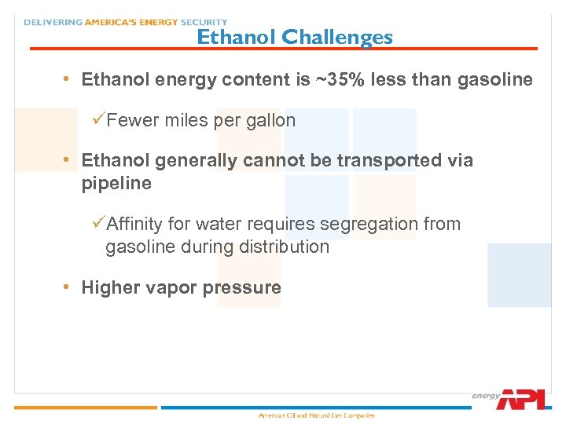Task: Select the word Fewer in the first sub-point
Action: click(x=133, y=120)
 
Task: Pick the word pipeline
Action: click(x=116, y=183)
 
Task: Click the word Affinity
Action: click(x=134, y=224)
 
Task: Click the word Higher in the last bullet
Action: click(x=111, y=287)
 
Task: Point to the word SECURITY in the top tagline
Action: click(x=200, y=22)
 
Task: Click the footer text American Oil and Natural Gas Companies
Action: click(x=317, y=415)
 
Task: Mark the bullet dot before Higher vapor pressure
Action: click(x=68, y=287)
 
